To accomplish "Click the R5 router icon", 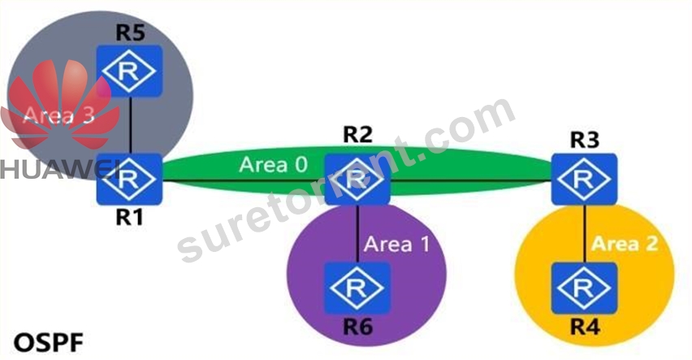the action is pyautogui.click(x=130, y=71).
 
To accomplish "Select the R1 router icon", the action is pyautogui.click(x=129, y=179).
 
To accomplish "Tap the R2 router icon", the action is pyautogui.click(x=357, y=179).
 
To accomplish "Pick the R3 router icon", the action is pyautogui.click(x=584, y=179).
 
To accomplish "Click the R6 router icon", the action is pyautogui.click(x=357, y=288).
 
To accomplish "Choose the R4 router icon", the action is pyautogui.click(x=584, y=288).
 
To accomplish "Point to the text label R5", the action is pyautogui.click(x=131, y=33).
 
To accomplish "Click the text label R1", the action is pyautogui.click(x=129, y=217).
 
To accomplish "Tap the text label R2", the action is pyautogui.click(x=357, y=135).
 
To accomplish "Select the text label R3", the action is pyautogui.click(x=585, y=140).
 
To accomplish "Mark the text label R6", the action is pyautogui.click(x=358, y=327).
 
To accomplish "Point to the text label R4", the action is pyautogui.click(x=586, y=327).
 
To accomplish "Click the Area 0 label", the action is pyautogui.click(x=273, y=165).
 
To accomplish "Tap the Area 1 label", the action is pyautogui.click(x=396, y=244).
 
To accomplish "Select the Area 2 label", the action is pyautogui.click(x=625, y=244).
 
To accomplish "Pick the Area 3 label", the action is pyautogui.click(x=58, y=115).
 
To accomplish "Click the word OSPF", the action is pyautogui.click(x=49, y=343).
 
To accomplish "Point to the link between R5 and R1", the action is pyautogui.click(x=131, y=125).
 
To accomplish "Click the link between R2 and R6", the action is pyautogui.click(x=357, y=234).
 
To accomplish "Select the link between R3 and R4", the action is pyautogui.click(x=585, y=234).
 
